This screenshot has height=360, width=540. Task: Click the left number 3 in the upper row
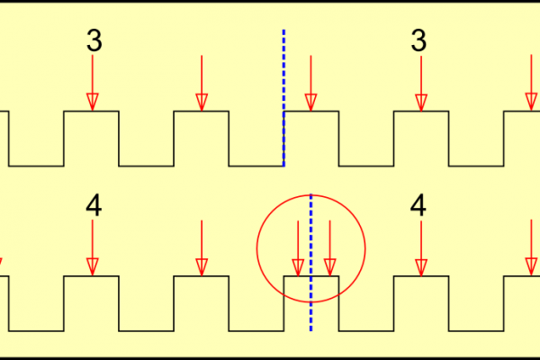coord(94,40)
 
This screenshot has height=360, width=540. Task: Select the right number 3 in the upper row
coord(418,40)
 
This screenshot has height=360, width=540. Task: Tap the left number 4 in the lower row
coord(94,206)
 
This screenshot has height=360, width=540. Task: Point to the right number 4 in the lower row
coord(418,206)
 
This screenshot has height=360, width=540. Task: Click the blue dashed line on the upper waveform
coord(283,99)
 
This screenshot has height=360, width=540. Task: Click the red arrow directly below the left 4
coord(92,247)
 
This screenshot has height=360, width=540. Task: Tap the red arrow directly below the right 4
coord(419,247)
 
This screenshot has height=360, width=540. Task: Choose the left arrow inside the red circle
coord(298,247)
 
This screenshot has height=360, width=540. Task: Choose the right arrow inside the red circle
coord(329,247)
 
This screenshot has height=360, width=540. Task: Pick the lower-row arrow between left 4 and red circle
coord(202,247)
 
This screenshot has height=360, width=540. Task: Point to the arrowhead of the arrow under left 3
coord(92,102)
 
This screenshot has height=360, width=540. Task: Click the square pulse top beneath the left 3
coord(92,112)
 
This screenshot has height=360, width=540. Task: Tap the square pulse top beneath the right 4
coord(420,276)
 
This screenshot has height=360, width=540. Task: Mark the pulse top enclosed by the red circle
coord(311,276)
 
